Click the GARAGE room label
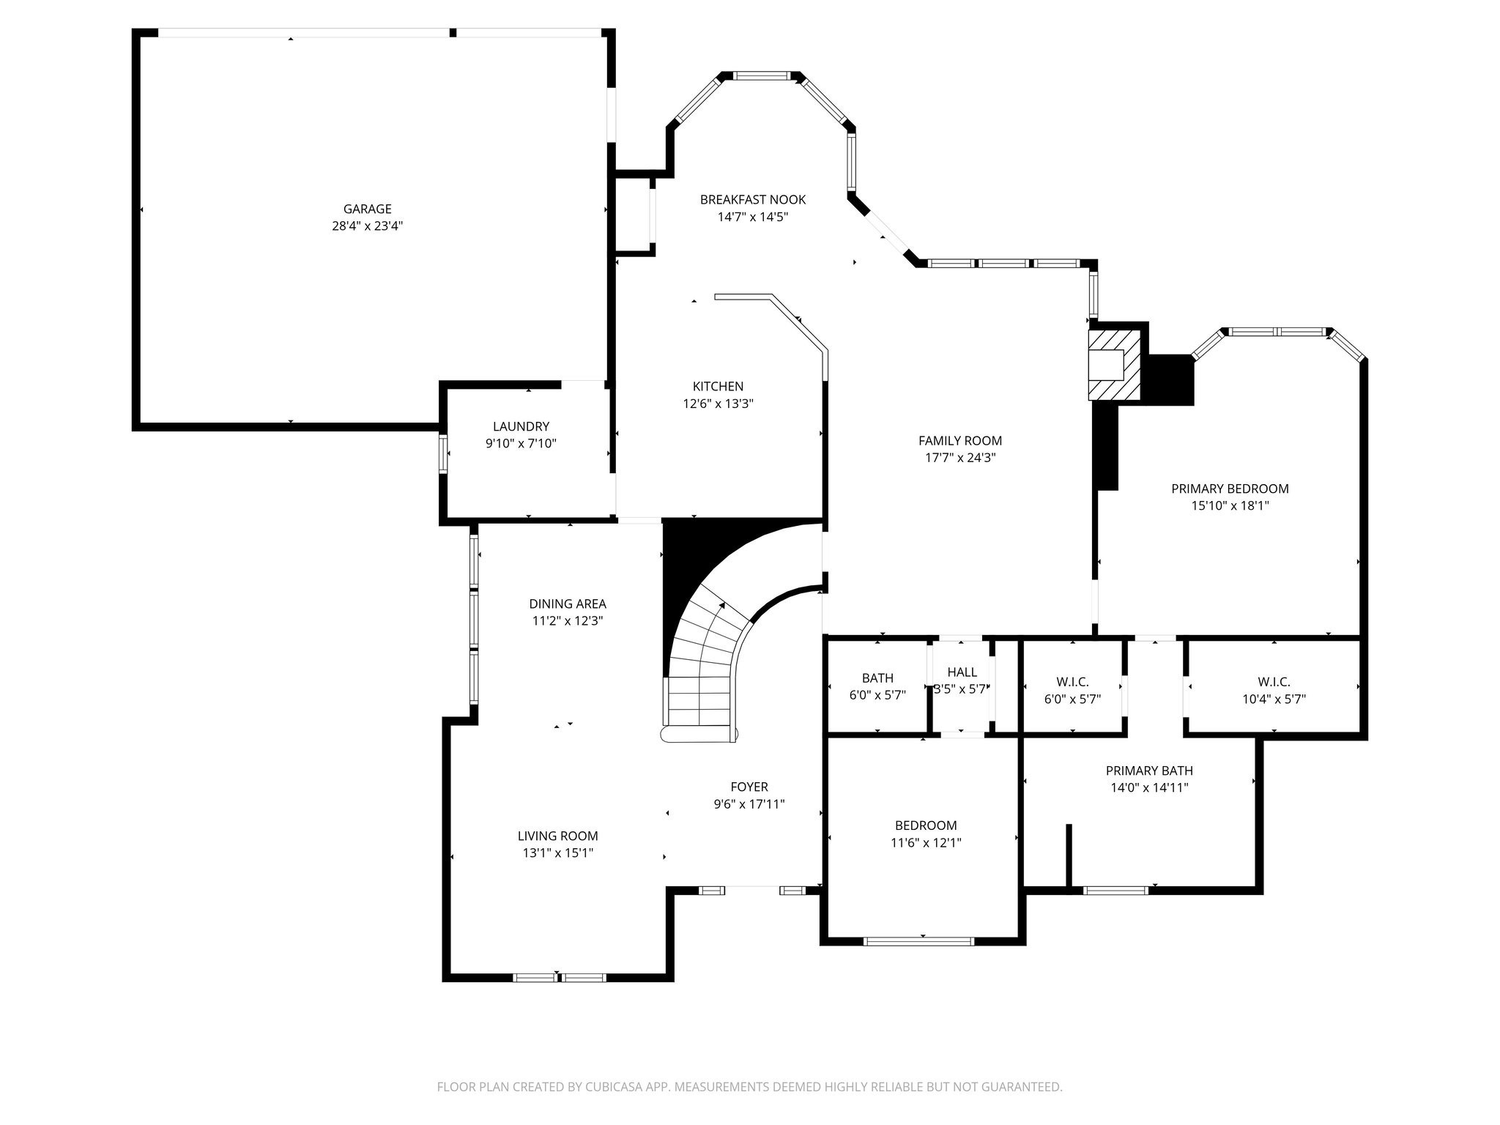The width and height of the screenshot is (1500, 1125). [x=367, y=209]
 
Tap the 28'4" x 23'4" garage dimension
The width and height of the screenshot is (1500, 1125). [x=367, y=226]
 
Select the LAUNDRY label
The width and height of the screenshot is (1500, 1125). [x=521, y=426]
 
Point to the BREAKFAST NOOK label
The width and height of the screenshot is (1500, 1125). [x=752, y=199]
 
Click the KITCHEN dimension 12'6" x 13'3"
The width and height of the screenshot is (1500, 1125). [x=718, y=404]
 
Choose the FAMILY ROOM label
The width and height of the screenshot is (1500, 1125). [x=959, y=440]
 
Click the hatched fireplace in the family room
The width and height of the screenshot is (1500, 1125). [x=1114, y=365]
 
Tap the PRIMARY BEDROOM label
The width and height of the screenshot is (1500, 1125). [x=1229, y=489]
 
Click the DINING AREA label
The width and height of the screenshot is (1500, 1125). [x=567, y=604]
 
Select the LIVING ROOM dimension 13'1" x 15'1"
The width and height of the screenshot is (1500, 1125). [x=557, y=853]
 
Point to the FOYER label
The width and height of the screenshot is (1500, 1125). [x=749, y=787]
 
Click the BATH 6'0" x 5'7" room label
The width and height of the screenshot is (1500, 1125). [x=877, y=678]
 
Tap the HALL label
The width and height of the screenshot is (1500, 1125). [x=962, y=672]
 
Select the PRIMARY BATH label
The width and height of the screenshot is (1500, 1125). [x=1148, y=771]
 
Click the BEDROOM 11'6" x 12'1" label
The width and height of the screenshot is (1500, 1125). [x=925, y=825]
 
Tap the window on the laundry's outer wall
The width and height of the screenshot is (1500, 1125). [x=443, y=454]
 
